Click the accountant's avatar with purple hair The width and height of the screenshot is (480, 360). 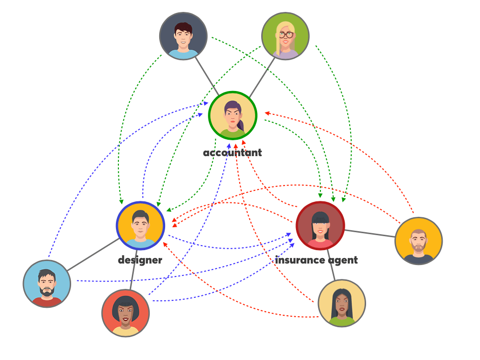tap(232, 115)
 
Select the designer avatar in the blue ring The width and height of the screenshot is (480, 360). tap(140, 225)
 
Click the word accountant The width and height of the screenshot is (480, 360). tap(232, 153)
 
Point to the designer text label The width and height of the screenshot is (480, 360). tap(140, 260)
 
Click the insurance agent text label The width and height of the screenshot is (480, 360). tap(316, 260)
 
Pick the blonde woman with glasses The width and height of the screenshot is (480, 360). tap(286, 36)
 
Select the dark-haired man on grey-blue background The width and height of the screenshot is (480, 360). tap(183, 36)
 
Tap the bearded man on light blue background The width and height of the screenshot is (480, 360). tap(47, 283)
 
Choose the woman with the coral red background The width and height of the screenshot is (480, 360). tap(125, 313)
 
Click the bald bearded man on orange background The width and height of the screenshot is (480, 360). tap(418, 241)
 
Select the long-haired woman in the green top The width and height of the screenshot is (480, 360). tap(342, 303)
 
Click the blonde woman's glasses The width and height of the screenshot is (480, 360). tap(286, 35)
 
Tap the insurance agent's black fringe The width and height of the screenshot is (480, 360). tap(320, 218)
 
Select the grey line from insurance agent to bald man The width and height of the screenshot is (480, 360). tap(370, 233)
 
